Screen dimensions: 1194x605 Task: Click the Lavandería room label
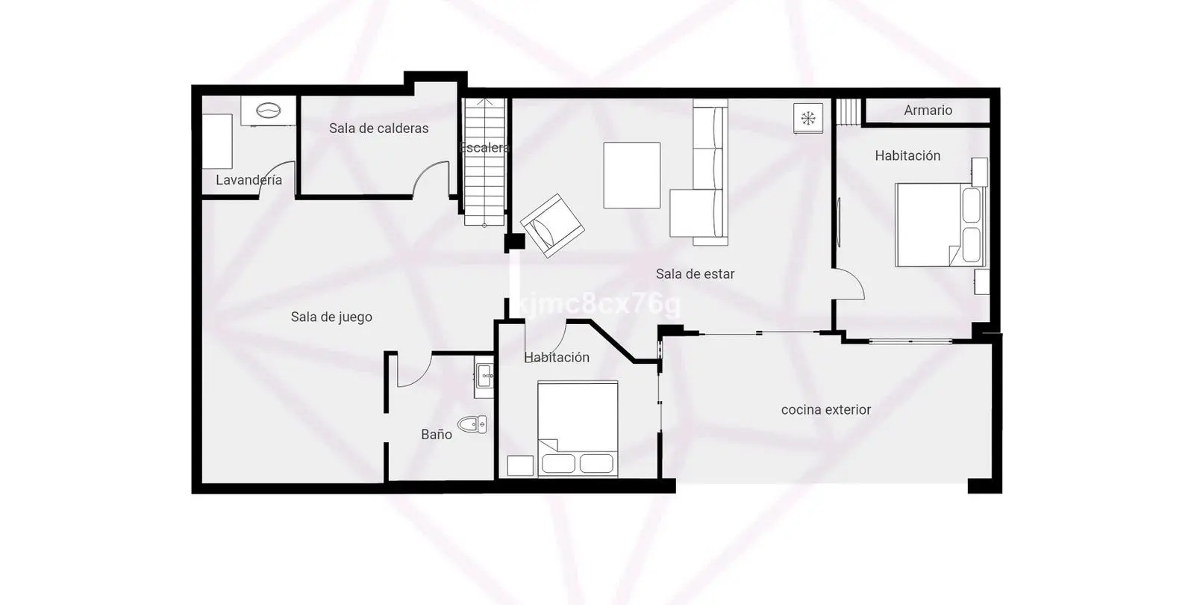click(x=249, y=180)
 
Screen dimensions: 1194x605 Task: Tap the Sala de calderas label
click(x=378, y=128)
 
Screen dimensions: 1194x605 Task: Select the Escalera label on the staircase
click(x=484, y=148)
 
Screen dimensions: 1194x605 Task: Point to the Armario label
click(x=928, y=111)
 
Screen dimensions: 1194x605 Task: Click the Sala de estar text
click(x=695, y=274)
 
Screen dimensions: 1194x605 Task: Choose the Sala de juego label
click(x=331, y=317)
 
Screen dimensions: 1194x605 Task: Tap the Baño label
click(x=437, y=435)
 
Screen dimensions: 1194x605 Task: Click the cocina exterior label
click(x=826, y=410)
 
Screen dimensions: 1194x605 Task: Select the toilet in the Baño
click(x=472, y=425)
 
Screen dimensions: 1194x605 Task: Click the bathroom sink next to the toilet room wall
click(x=484, y=377)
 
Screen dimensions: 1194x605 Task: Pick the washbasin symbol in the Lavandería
click(x=268, y=111)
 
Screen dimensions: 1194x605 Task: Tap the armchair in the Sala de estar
click(x=552, y=226)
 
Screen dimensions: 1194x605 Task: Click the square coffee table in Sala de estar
click(x=631, y=175)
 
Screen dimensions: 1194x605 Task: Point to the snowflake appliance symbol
click(x=808, y=118)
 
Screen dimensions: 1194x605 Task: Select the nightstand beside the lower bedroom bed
click(x=520, y=466)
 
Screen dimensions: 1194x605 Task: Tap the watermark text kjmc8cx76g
click(x=600, y=304)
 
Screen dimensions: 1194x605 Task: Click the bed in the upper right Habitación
click(x=940, y=225)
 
